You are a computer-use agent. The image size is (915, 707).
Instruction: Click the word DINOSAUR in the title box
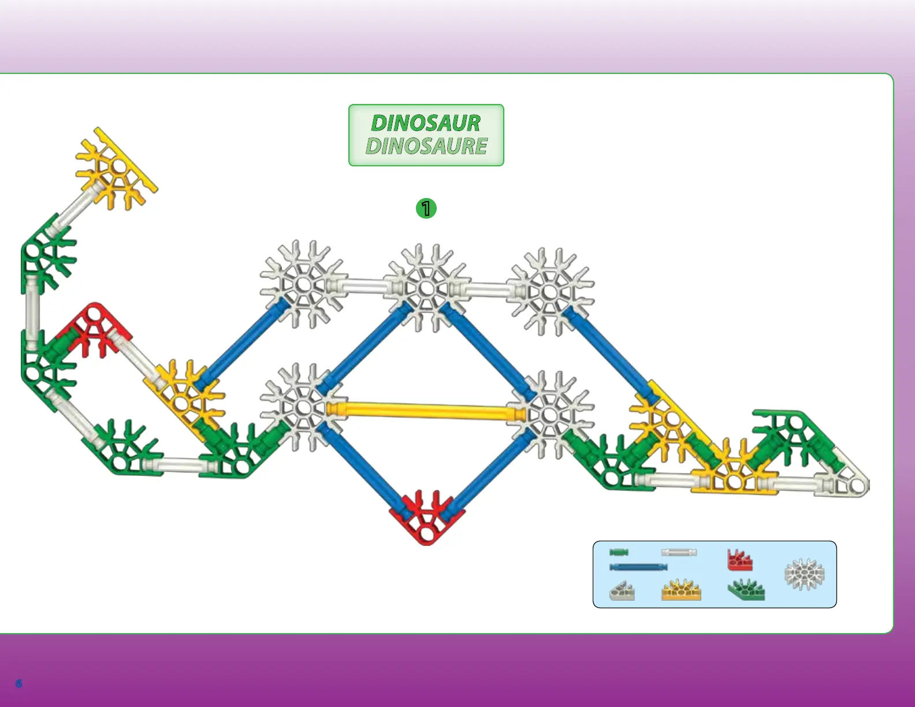click(x=426, y=123)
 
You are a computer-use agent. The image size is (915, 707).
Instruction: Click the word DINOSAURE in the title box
click(x=426, y=146)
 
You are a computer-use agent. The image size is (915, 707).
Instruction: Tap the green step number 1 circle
click(x=426, y=208)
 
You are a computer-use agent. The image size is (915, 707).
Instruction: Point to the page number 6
click(x=18, y=683)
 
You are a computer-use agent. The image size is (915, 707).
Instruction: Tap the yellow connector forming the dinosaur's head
click(x=116, y=168)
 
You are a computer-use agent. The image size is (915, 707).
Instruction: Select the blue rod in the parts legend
click(x=638, y=567)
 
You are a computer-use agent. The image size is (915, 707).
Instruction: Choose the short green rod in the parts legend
click(x=619, y=552)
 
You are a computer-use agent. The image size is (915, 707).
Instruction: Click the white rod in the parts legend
click(x=679, y=552)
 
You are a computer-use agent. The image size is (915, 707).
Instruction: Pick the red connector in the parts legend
click(x=739, y=560)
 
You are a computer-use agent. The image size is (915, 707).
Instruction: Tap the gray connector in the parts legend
click(x=622, y=591)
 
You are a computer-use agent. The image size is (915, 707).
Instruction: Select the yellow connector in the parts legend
click(x=681, y=590)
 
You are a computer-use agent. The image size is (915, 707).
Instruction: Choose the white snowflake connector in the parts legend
click(x=804, y=574)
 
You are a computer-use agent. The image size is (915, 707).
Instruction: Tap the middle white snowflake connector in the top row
click(x=426, y=287)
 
